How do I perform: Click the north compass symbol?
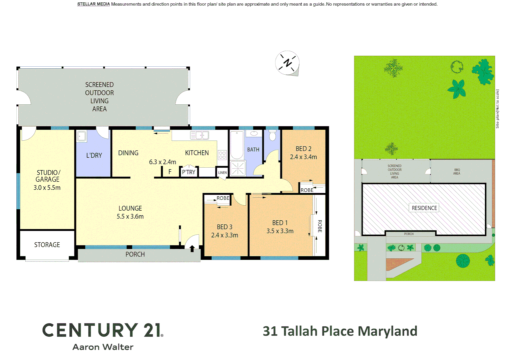287,63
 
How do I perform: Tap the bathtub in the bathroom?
236,145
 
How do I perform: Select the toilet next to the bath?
273,136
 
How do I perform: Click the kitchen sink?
199,135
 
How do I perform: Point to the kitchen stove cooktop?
222,155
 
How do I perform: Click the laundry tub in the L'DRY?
81,136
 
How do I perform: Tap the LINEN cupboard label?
222,172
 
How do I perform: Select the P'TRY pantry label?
188,172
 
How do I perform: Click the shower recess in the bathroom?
238,168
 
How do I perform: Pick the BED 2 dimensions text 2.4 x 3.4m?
303,157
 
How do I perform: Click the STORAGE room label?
47,245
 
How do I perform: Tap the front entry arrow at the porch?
192,248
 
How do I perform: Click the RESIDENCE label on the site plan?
424,208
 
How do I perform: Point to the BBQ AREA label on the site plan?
457,172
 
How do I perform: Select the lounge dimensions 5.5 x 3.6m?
130,216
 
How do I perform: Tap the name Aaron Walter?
103,347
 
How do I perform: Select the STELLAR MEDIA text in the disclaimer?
93,4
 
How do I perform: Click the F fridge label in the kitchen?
170,172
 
